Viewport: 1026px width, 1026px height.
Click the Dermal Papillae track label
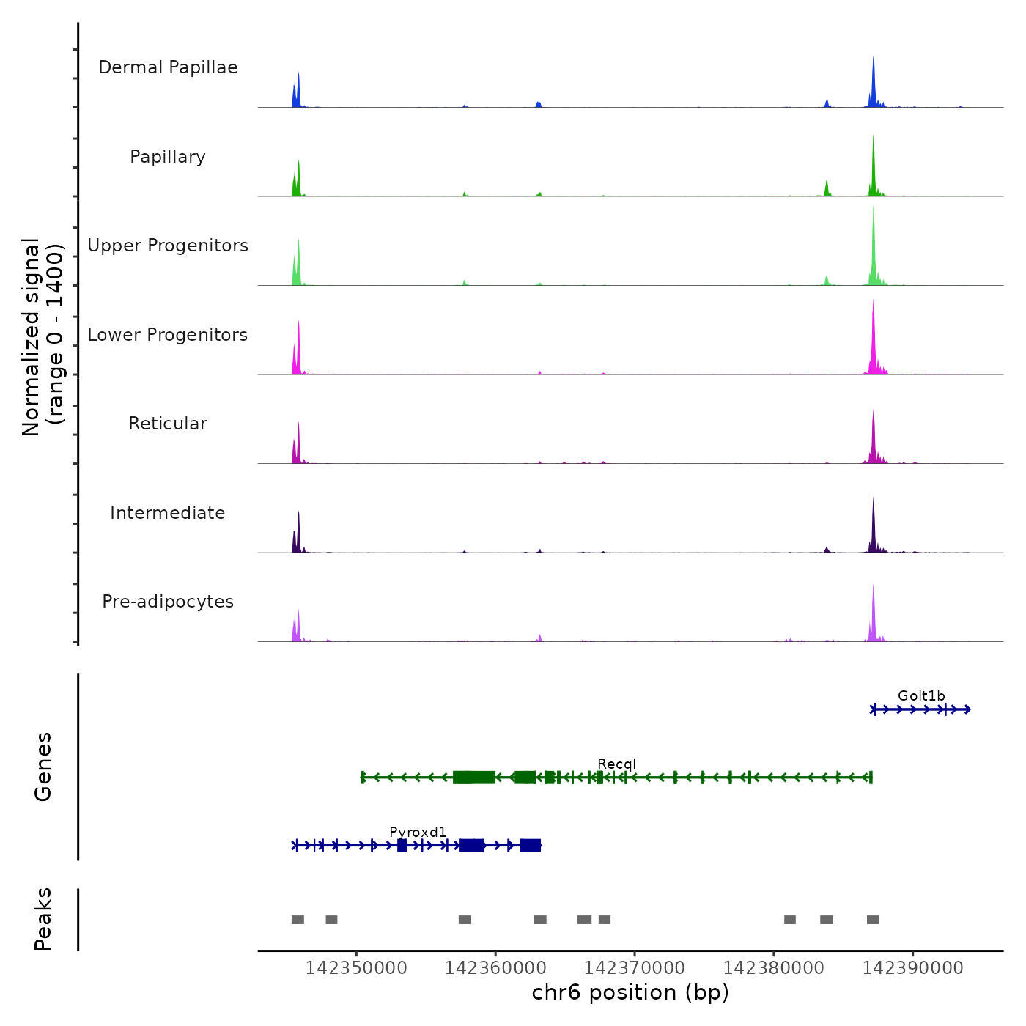pyautogui.click(x=168, y=67)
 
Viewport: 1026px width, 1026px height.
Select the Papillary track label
pyautogui.click(x=168, y=157)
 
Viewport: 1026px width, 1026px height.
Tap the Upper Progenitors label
pyautogui.click(x=168, y=246)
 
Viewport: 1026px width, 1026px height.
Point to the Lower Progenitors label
pyautogui.click(x=168, y=335)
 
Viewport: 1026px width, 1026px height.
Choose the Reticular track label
pyautogui.click(x=168, y=424)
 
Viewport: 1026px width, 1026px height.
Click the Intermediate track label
pyautogui.click(x=168, y=513)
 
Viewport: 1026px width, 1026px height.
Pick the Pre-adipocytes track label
pyautogui.click(x=168, y=602)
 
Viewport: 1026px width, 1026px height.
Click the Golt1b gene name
pyautogui.click(x=921, y=696)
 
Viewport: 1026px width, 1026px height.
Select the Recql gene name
pyautogui.click(x=616, y=764)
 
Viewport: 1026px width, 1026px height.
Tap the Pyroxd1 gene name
pyautogui.click(x=418, y=833)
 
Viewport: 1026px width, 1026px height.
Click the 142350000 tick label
pyautogui.click(x=356, y=968)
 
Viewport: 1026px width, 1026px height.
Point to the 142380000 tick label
pyautogui.click(x=774, y=968)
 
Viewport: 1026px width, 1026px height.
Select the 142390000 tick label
pyautogui.click(x=913, y=968)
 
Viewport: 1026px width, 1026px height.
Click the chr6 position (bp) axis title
pyautogui.click(x=630, y=993)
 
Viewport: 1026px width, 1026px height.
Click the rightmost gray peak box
pyautogui.click(x=873, y=920)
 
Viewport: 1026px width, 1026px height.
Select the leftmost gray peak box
pyautogui.click(x=298, y=920)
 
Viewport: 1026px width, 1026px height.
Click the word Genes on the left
pyautogui.click(x=43, y=767)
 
